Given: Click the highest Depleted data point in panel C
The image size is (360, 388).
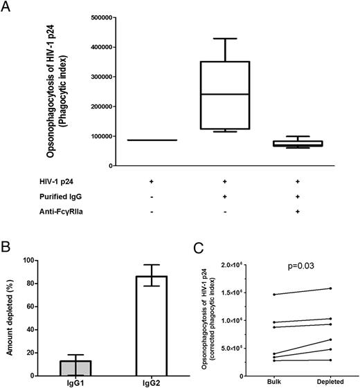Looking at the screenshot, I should [331, 288].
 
